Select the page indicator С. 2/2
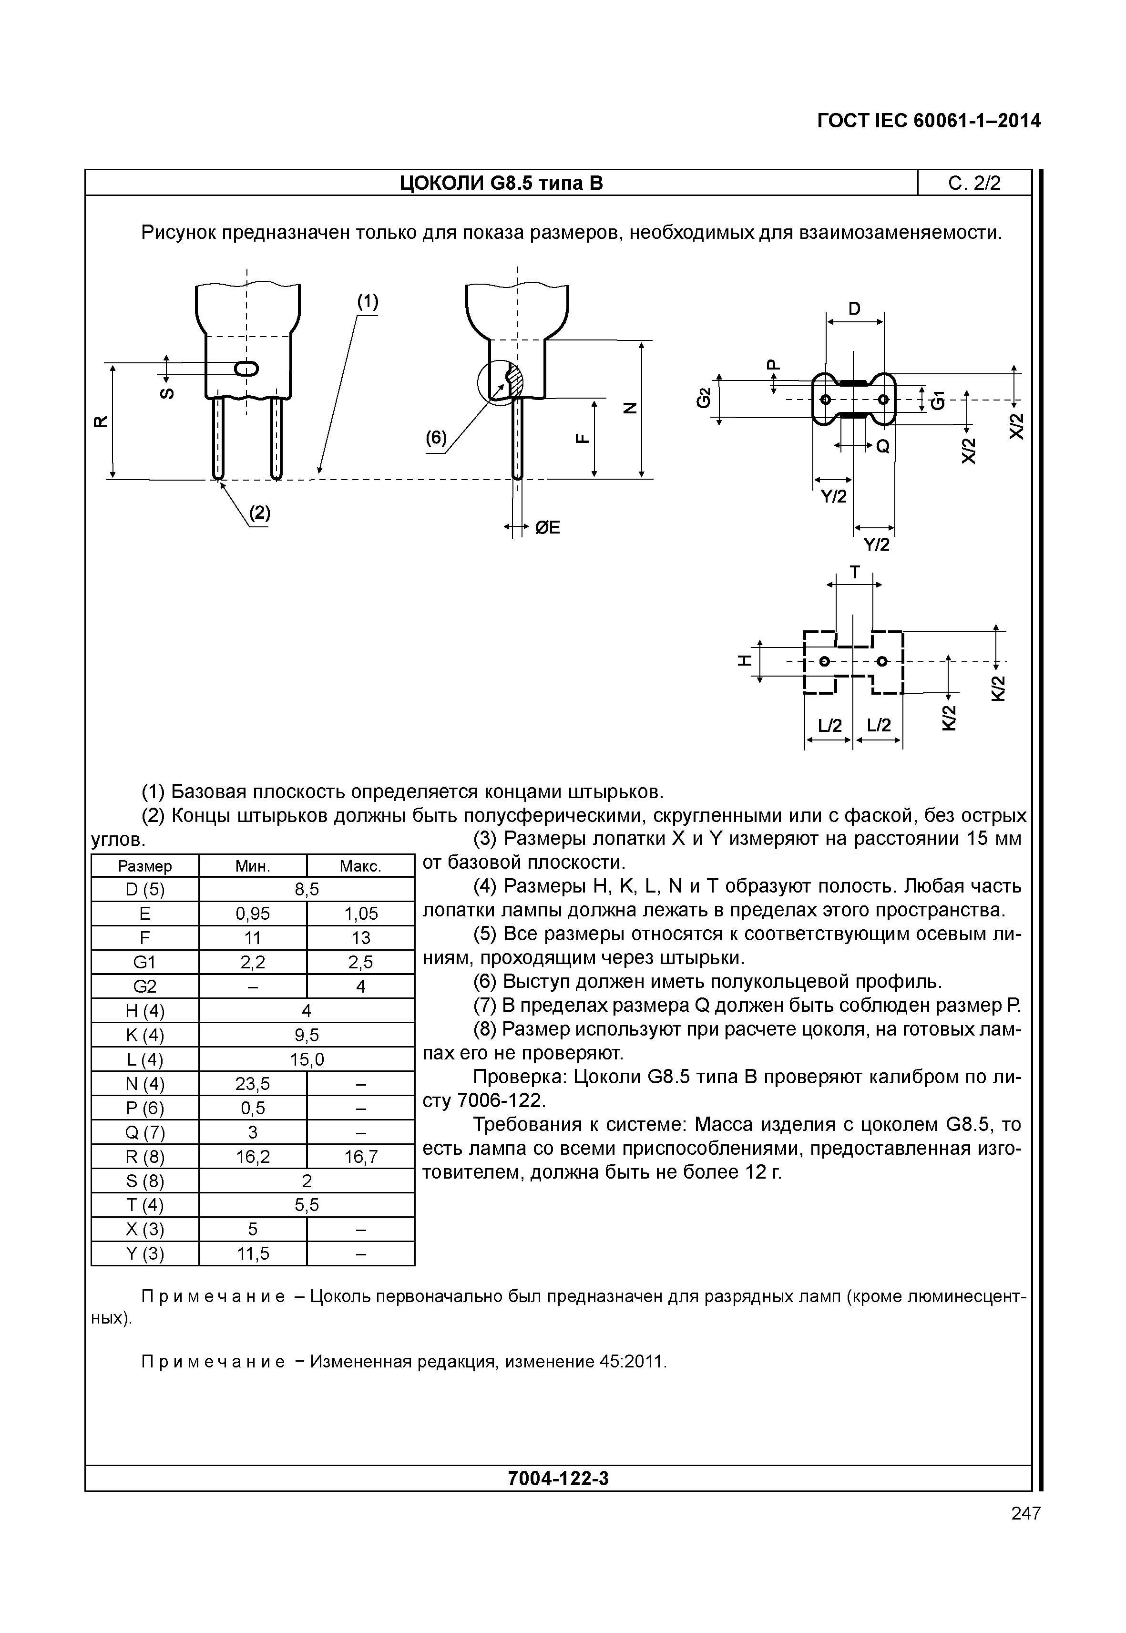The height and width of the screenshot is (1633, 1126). (x=974, y=184)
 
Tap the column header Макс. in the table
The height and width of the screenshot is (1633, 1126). (x=360, y=866)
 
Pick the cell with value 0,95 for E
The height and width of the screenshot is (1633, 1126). (x=253, y=914)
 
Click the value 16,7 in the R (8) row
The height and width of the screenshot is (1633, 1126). (x=360, y=1156)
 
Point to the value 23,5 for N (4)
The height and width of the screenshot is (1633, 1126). (x=253, y=1083)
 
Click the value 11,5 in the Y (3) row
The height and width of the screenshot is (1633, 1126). (x=253, y=1253)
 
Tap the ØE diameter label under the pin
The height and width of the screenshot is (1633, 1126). (x=547, y=527)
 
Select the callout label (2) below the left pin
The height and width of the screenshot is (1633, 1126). (x=260, y=513)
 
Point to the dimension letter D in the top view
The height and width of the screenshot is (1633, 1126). (x=854, y=309)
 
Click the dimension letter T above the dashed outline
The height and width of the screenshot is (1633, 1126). (x=854, y=572)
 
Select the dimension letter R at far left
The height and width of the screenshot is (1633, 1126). (x=101, y=421)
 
